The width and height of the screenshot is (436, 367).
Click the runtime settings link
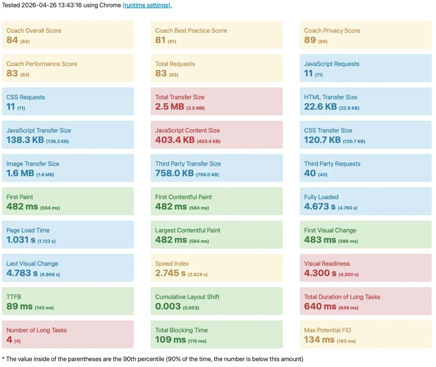click(x=147, y=6)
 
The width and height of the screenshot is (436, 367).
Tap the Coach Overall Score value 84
click(x=12, y=40)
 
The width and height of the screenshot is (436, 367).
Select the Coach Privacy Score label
click(x=332, y=31)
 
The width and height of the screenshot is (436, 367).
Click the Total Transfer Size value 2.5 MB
click(x=169, y=106)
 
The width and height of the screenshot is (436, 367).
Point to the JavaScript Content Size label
click(x=187, y=130)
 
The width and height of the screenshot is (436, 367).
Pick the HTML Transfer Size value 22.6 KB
click(x=320, y=106)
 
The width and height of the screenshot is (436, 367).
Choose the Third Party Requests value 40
click(x=310, y=173)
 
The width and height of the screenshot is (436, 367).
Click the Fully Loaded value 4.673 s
click(x=320, y=206)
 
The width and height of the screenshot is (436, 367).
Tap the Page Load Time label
click(x=28, y=230)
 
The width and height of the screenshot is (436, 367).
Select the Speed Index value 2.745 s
click(x=170, y=273)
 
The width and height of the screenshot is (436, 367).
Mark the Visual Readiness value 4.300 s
click(x=320, y=273)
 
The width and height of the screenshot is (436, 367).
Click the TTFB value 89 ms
click(x=19, y=306)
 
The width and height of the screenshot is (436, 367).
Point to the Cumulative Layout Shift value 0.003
click(x=168, y=306)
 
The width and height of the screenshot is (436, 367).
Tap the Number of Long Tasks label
click(x=37, y=330)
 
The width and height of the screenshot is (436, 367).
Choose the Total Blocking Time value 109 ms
click(x=170, y=339)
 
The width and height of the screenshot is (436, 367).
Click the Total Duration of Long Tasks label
click(x=342, y=297)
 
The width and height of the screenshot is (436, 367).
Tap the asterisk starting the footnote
click(x=3, y=358)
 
